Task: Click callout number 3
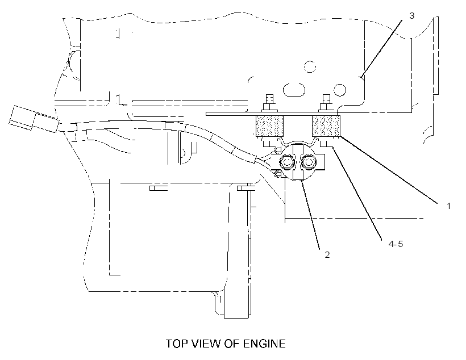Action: pos(411,16)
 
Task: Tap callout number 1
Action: pos(449,206)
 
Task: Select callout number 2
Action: pos(327,254)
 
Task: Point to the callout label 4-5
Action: pos(396,244)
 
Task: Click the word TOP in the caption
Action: pos(177,344)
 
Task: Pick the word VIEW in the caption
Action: pos(206,344)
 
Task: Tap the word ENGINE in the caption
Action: pos(264,344)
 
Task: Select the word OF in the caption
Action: pos(232,344)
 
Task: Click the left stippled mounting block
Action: pos(269,126)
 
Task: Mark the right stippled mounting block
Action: pos(326,126)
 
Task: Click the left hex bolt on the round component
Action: pos(287,162)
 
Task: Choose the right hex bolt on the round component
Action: pos(309,162)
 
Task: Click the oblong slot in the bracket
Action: pos(294,90)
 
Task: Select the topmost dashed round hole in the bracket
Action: pos(310,66)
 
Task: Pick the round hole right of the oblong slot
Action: pos(340,89)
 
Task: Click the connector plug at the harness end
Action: pos(34,119)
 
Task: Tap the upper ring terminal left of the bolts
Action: pos(278,150)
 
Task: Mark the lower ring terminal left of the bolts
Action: pos(277,173)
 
